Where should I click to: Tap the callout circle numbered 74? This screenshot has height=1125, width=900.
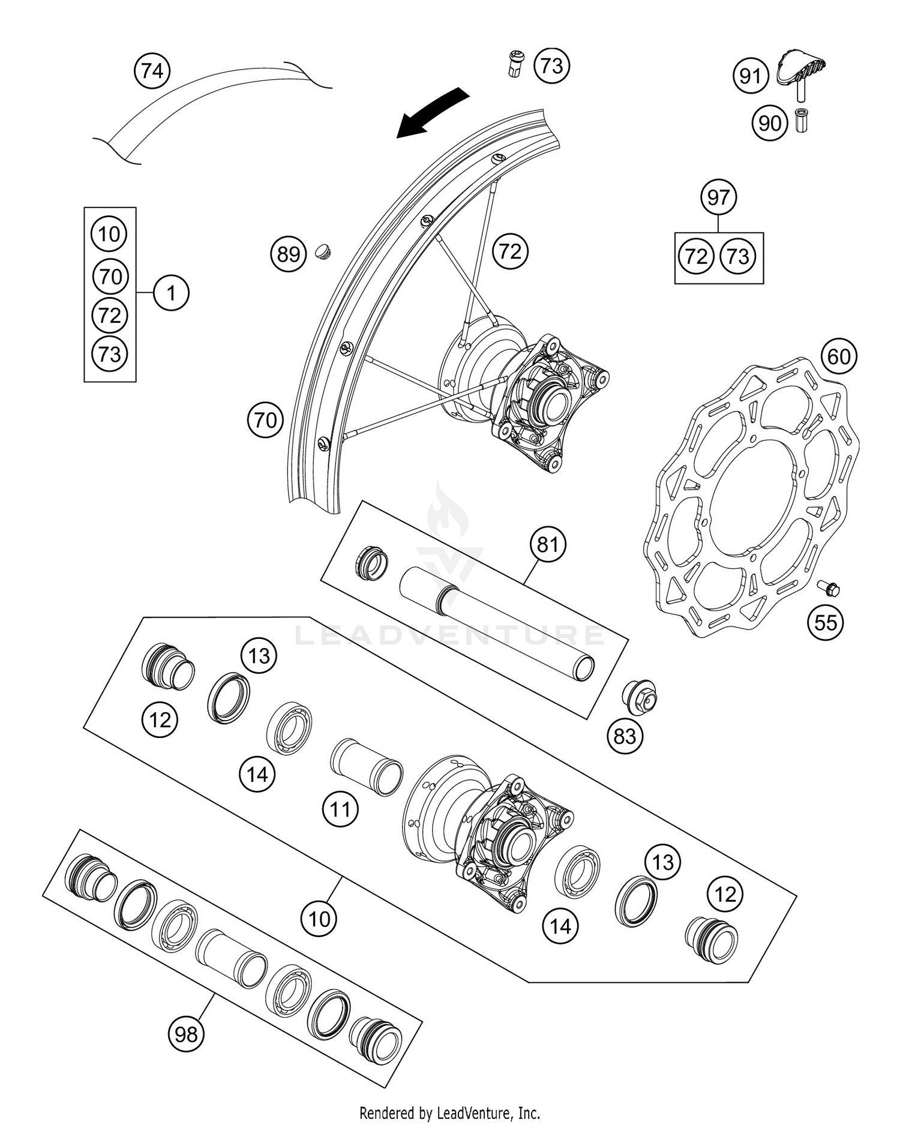pos(152,71)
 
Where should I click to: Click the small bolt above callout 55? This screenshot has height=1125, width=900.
pos(829,588)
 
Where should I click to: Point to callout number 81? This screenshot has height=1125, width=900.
pos(547,545)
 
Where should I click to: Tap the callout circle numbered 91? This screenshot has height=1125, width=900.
pos(750,76)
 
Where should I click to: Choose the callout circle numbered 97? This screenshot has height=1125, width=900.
pos(718,197)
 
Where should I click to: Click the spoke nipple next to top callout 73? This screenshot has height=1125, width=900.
pos(515,64)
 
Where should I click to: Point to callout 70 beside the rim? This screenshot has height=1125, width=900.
pos(265,420)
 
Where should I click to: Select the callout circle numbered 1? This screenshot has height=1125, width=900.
pos(171,293)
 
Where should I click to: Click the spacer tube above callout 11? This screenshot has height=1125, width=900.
pos(365,767)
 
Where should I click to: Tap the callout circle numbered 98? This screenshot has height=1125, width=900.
pos(186,1034)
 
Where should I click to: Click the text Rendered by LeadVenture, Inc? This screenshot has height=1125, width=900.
pos(449,1114)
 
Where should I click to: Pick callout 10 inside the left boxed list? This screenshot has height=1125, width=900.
pos(109,234)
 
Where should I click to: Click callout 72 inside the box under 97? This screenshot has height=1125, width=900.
pos(696,257)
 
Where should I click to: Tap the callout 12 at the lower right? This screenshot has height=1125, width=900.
pos(725,895)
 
